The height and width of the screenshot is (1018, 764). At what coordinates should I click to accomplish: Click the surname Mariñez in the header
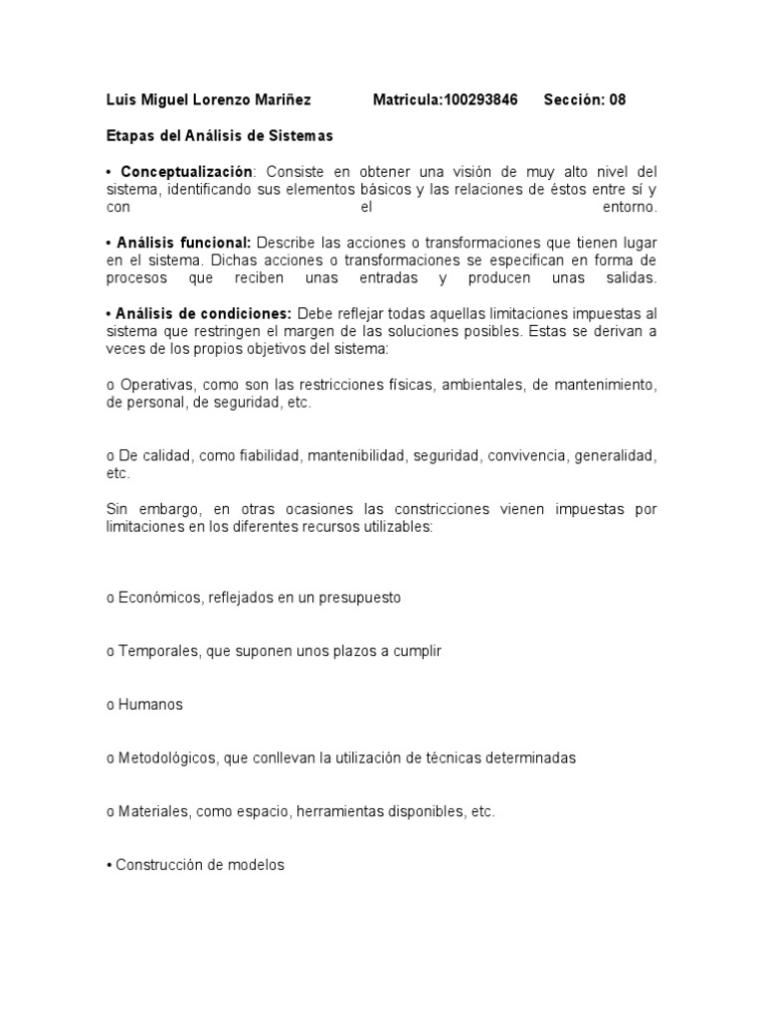pyautogui.click(x=281, y=100)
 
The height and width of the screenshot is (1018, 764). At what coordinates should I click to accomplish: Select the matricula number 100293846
pyautogui.click(x=474, y=100)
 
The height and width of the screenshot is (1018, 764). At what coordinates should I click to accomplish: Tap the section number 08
pyautogui.click(x=617, y=100)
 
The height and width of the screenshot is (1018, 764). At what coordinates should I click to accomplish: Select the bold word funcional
pyautogui.click(x=214, y=244)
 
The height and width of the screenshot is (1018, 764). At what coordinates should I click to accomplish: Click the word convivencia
pyautogui.click(x=526, y=456)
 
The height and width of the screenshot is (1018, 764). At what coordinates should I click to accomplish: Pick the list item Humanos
pyautogui.click(x=151, y=705)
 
